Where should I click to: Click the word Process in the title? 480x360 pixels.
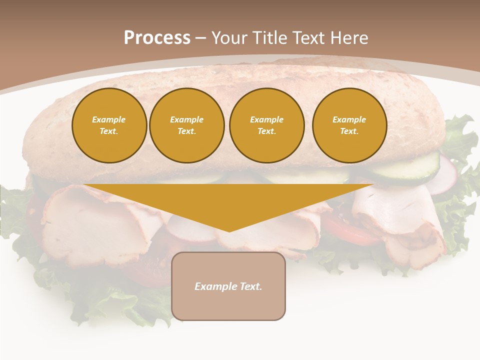coord(157,38)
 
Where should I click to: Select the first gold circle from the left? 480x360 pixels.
coord(109,125)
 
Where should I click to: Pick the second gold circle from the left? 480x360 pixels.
coord(186,125)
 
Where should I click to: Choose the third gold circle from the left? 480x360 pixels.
coord(266,125)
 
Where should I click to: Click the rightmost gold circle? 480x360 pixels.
coord(349,125)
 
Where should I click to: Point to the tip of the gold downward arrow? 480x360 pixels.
coord(229,230)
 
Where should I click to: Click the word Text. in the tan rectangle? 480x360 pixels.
coord(250,286)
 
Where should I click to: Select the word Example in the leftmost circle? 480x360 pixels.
coord(109,119)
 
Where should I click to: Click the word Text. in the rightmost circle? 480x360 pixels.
coord(349,131)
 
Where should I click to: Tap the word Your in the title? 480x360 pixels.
coord(229,38)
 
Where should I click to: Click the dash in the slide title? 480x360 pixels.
coord(200,38)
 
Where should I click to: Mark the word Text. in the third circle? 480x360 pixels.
coord(266,131)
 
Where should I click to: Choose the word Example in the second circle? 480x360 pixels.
coord(186,119)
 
